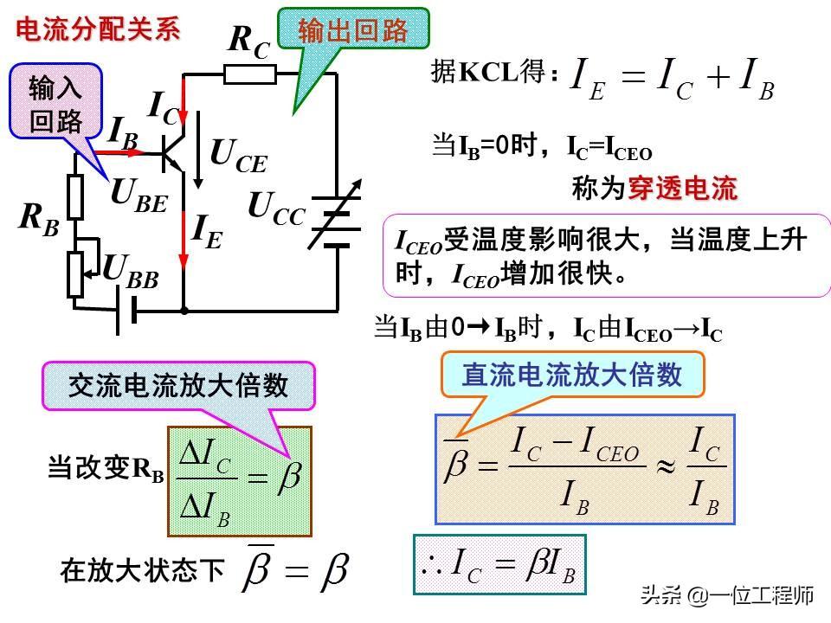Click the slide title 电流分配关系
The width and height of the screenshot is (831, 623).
(98, 29)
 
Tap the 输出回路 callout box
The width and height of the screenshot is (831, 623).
(352, 30)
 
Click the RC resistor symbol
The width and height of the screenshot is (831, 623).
(250, 74)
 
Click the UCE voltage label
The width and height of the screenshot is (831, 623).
(239, 157)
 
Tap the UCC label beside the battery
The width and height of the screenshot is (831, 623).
(276, 209)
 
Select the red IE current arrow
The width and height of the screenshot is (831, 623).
(184, 238)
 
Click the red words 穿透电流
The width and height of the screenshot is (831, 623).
(682, 189)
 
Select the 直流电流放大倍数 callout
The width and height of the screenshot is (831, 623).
(572, 374)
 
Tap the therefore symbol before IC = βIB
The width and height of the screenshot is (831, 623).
(431, 563)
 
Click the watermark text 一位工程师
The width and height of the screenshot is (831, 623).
(763, 596)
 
